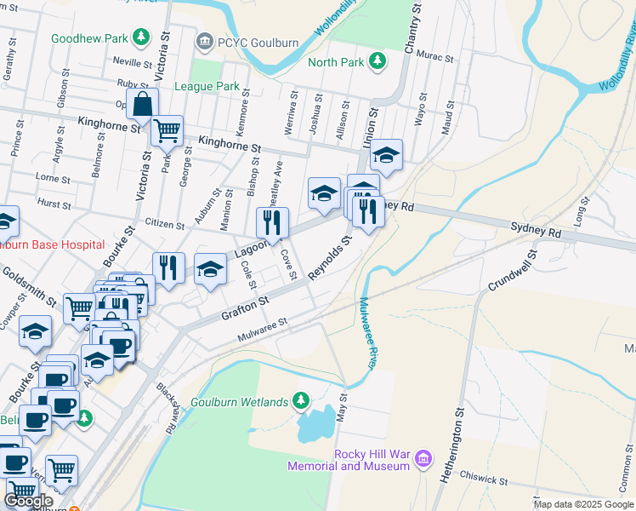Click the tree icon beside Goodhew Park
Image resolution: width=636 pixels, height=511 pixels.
[x=140, y=37]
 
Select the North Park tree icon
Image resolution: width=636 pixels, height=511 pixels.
[x=377, y=61]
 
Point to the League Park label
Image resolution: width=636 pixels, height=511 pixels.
[x=207, y=86]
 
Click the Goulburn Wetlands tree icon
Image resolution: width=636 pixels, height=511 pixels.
[x=300, y=399]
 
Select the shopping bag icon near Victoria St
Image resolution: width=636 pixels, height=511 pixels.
[x=143, y=106]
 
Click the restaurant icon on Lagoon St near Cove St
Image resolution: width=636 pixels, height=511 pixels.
[x=272, y=223]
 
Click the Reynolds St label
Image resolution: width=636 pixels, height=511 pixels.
[x=329, y=259]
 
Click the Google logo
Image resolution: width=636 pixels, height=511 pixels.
[x=29, y=501]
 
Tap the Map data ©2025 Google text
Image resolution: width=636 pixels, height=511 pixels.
[x=583, y=504]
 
